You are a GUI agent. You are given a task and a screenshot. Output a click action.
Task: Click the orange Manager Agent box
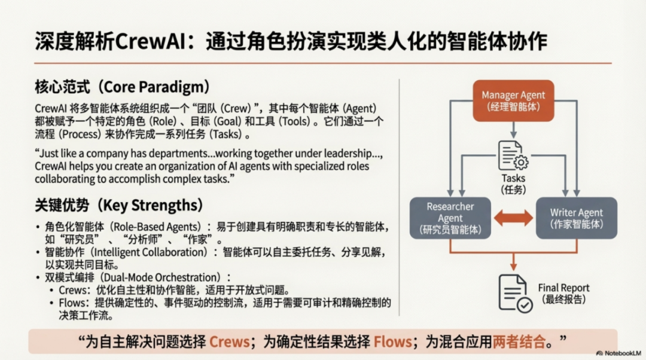tap(513, 100)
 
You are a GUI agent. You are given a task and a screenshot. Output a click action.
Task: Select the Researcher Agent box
tap(450, 218)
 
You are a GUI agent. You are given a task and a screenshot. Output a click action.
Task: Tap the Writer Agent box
tap(576, 218)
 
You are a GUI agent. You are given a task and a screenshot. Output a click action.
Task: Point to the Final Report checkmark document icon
tap(514, 294)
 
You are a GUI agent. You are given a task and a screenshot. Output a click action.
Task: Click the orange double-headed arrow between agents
tap(513, 218)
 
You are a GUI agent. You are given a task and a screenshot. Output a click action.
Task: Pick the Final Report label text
tap(563, 288)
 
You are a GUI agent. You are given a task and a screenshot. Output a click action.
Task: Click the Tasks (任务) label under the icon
tap(513, 183)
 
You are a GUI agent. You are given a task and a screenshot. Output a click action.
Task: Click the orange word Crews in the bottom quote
tap(229, 342)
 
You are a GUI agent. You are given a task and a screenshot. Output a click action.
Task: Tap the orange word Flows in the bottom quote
tap(393, 342)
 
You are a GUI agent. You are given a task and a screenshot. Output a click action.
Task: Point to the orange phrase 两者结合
tap(519, 342)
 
